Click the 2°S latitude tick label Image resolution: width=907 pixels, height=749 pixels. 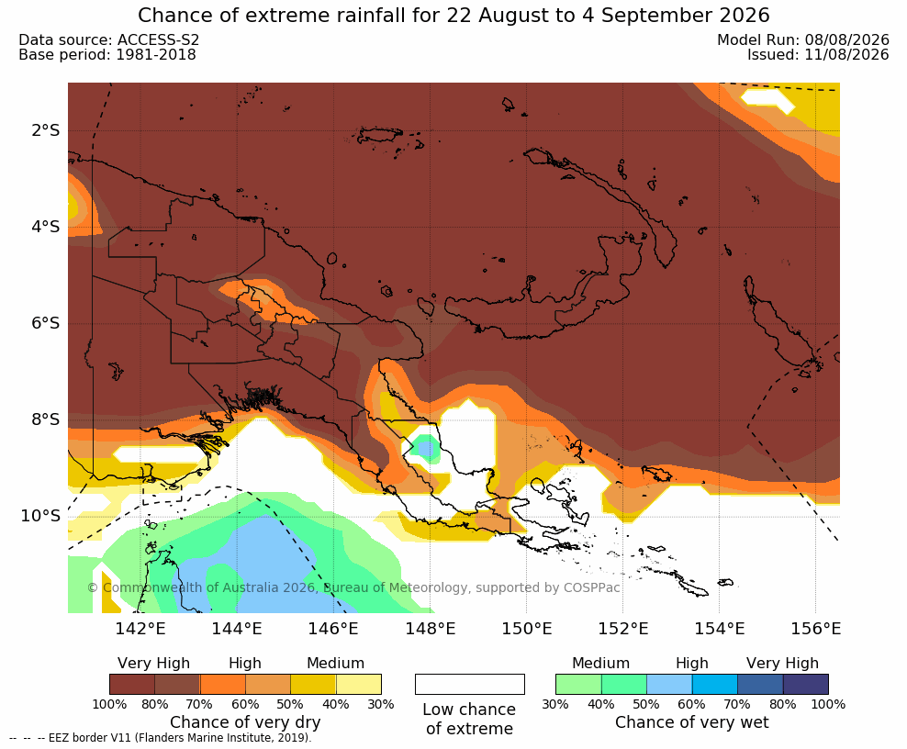point(46,130)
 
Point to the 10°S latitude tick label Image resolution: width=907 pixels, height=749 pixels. point(40,516)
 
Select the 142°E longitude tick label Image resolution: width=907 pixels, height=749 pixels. point(140,628)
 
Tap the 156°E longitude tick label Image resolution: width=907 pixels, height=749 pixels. point(815,628)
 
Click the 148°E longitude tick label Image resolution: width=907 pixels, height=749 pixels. point(431,628)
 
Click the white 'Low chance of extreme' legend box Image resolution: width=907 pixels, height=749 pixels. point(470,684)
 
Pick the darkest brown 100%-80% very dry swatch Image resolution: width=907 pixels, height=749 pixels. point(132,684)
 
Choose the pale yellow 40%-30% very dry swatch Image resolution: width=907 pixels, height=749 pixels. point(359,684)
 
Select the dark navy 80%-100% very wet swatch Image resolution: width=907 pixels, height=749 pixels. point(806,684)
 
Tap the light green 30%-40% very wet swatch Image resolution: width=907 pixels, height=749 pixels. point(578,684)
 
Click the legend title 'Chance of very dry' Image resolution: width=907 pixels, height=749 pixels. point(245,722)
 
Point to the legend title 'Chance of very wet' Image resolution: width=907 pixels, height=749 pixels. point(692,722)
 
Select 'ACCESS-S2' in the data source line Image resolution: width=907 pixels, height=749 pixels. point(159,39)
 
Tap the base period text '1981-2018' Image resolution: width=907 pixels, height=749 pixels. point(156,54)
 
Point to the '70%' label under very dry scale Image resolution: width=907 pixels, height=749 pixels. point(200,704)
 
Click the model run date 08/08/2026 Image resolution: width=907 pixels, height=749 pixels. point(847,39)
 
